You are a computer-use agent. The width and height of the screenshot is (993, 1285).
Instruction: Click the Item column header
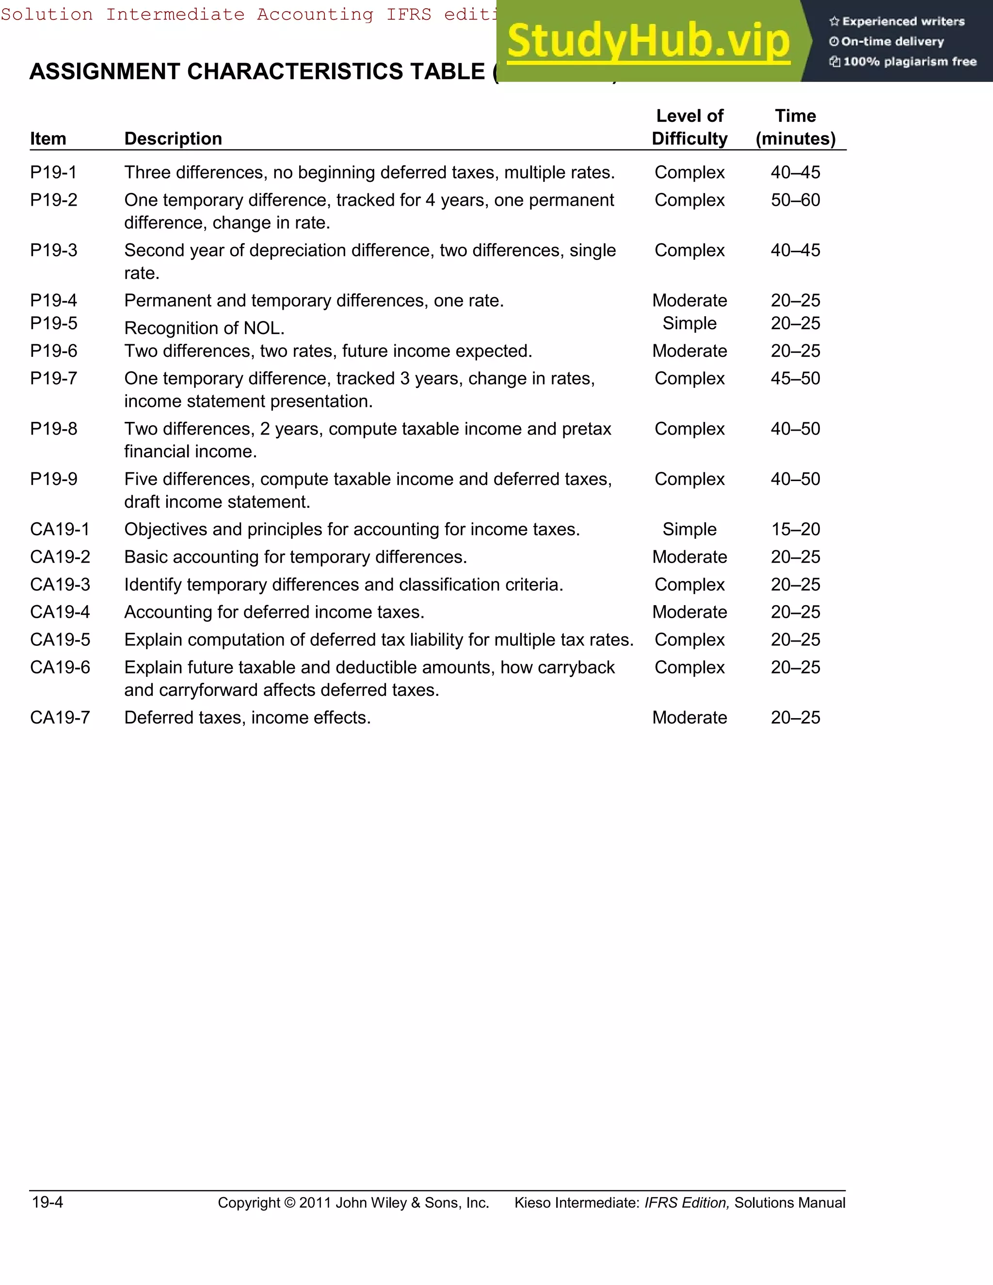[x=48, y=139]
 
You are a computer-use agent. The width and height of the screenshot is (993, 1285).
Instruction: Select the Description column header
[x=173, y=139]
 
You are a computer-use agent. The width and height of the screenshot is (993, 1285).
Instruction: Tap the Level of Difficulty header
[x=689, y=127]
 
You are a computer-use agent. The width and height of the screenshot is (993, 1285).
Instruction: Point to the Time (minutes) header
[x=795, y=127]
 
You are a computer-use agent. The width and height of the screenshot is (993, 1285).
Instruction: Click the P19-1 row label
[x=53, y=173]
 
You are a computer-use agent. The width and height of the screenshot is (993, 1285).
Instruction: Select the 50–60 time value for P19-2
[x=795, y=200]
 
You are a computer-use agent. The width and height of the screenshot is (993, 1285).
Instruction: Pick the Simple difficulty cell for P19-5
[x=689, y=323]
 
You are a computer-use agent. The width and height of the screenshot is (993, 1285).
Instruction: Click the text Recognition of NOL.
[x=204, y=328]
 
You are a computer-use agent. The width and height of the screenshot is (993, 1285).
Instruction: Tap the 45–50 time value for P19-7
[x=795, y=378]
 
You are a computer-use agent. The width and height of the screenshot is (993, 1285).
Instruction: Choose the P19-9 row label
[x=53, y=479]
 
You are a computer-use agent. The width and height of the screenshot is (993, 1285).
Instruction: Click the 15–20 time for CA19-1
[x=795, y=530]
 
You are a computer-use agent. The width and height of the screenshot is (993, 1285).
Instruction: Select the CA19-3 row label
[x=60, y=585]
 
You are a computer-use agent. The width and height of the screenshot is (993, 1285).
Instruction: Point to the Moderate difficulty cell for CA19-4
[x=689, y=612]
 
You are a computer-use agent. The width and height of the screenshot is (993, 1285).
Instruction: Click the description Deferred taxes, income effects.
[x=247, y=718]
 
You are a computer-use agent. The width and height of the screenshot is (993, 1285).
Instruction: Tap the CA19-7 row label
[x=60, y=718]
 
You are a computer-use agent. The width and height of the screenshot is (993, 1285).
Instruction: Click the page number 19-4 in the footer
[x=48, y=1202]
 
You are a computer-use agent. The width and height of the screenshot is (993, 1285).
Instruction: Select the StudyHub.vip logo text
[x=648, y=41]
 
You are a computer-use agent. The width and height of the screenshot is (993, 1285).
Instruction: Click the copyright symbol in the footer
[x=289, y=1203]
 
